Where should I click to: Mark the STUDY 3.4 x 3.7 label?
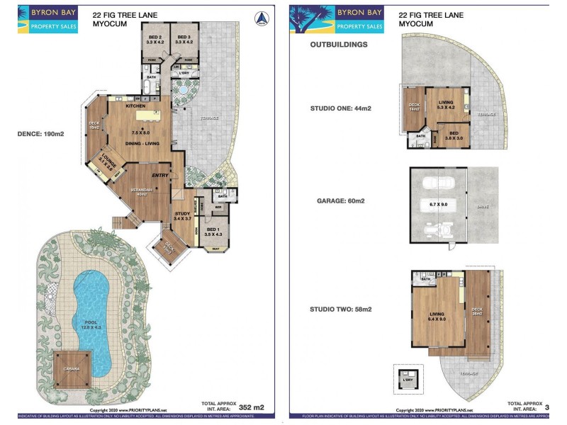[x=182, y=216]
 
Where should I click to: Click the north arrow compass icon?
[x=262, y=18]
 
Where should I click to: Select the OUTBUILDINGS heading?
[x=339, y=44]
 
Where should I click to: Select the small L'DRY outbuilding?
[x=408, y=378]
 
